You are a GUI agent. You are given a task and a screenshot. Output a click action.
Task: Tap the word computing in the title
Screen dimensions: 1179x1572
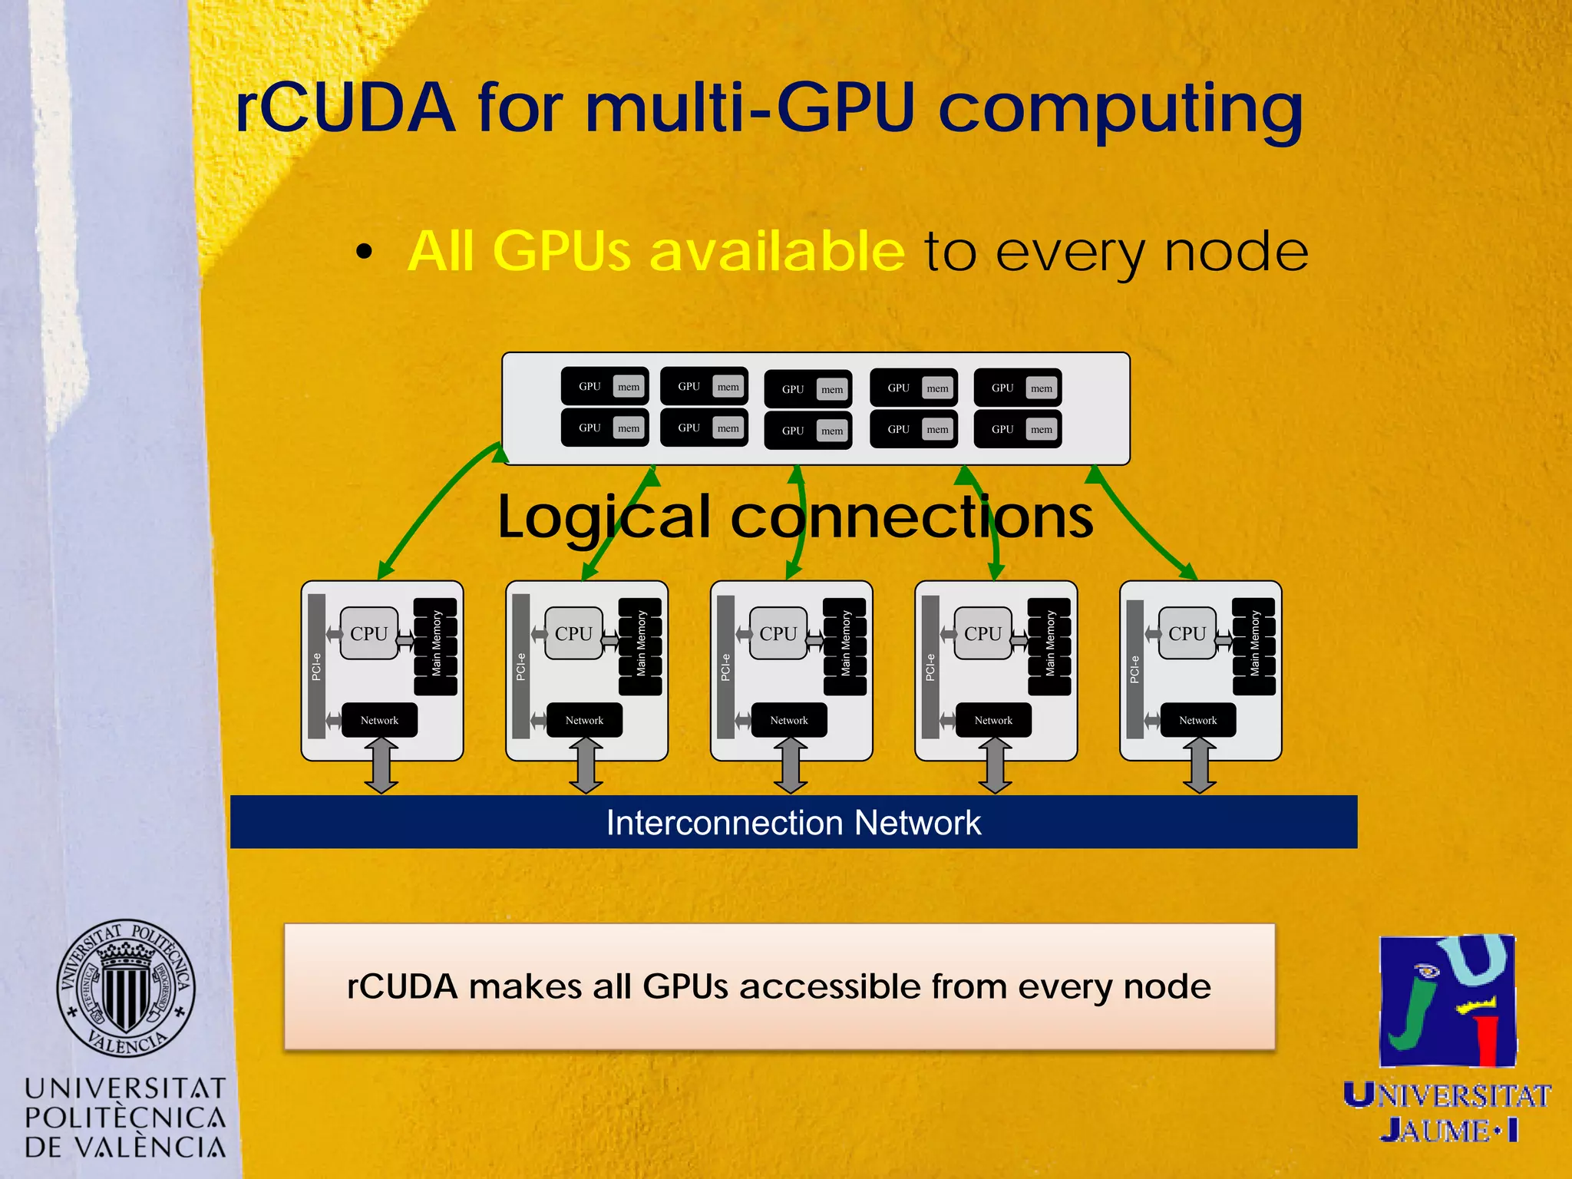point(1121,111)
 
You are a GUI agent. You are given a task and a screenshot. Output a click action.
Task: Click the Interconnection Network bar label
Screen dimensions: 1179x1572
point(793,822)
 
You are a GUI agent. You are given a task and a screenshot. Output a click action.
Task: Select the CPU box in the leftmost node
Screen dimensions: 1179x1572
point(369,633)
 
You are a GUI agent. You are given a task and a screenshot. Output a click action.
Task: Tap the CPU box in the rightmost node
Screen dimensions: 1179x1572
point(1187,633)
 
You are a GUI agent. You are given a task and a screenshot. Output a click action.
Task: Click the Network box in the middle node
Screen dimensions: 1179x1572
point(789,720)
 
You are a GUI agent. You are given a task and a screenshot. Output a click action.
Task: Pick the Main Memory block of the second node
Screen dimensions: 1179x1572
point(640,646)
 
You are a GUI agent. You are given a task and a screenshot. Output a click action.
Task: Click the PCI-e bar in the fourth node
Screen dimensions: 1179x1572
point(930,666)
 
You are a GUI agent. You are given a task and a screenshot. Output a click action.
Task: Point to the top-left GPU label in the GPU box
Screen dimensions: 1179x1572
point(589,386)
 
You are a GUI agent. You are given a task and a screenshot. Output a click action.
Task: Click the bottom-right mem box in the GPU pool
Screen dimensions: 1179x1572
point(1042,429)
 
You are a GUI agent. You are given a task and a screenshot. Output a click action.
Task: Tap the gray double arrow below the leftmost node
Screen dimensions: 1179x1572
point(381,765)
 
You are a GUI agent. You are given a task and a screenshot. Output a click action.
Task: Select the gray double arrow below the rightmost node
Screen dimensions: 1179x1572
point(1199,765)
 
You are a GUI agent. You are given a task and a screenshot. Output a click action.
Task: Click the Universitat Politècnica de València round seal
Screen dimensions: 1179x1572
point(126,988)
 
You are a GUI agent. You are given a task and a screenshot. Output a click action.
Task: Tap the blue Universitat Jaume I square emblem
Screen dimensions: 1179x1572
point(1448,1001)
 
